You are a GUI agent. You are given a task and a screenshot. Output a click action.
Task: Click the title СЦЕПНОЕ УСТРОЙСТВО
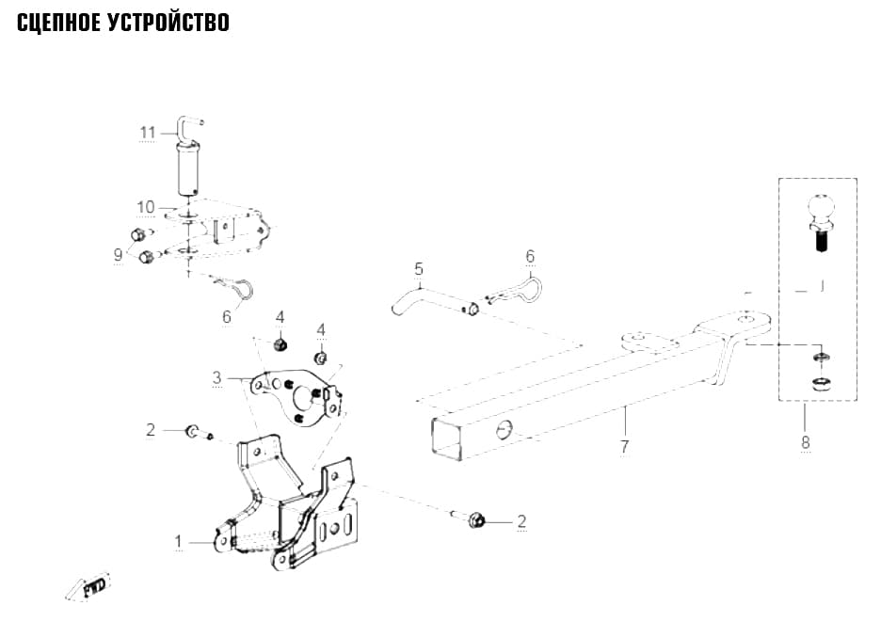point(123,23)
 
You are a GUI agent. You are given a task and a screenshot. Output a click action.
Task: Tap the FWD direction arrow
point(88,587)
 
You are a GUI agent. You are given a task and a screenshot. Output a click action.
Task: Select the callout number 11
point(147,133)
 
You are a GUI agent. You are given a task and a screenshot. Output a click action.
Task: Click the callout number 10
point(146,207)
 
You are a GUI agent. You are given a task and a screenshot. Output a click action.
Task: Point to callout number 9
point(118,254)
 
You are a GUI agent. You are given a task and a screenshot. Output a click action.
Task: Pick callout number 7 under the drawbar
point(624,447)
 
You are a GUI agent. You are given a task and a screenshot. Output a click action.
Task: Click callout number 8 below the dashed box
point(805,442)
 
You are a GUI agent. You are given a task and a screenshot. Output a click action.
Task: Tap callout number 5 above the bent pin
point(419,268)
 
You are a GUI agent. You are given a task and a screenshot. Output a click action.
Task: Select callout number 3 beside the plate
point(216,377)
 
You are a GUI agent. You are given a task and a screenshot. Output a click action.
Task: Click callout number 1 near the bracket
point(178,542)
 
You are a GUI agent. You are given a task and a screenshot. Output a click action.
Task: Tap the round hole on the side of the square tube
point(505,430)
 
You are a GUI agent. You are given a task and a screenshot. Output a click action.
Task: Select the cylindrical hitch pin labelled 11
point(189,167)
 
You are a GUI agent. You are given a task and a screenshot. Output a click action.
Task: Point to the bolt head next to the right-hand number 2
point(476,521)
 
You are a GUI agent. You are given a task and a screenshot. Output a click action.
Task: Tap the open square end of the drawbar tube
point(447,439)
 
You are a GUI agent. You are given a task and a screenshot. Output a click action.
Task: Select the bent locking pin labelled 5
point(434,302)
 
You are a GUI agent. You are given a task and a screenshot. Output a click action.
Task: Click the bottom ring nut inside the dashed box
point(821,385)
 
